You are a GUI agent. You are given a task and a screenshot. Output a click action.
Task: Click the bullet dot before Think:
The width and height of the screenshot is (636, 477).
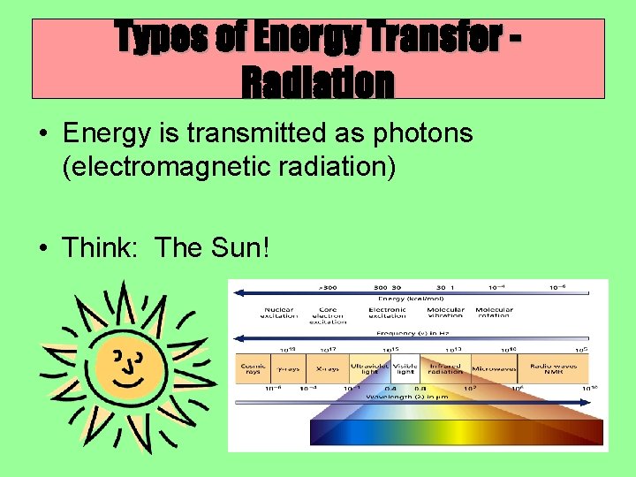click(x=43, y=248)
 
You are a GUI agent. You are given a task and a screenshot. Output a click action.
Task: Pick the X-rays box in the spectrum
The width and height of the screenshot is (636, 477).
click(x=327, y=368)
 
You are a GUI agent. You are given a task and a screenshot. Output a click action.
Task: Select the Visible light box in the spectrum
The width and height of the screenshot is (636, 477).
click(x=405, y=368)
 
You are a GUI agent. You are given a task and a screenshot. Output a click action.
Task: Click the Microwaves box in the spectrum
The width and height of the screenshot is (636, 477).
click(x=494, y=368)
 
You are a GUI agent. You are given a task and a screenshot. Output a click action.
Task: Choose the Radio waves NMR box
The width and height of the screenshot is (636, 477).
click(x=553, y=368)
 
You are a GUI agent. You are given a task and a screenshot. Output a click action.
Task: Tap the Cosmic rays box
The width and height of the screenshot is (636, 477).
click(x=252, y=368)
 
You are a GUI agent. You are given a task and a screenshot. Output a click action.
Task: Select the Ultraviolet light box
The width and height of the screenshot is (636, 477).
click(x=369, y=368)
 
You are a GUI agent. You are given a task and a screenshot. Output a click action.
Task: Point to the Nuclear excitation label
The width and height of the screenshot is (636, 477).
click(x=278, y=314)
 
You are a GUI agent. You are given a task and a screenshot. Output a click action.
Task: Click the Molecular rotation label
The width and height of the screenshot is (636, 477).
click(x=494, y=314)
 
